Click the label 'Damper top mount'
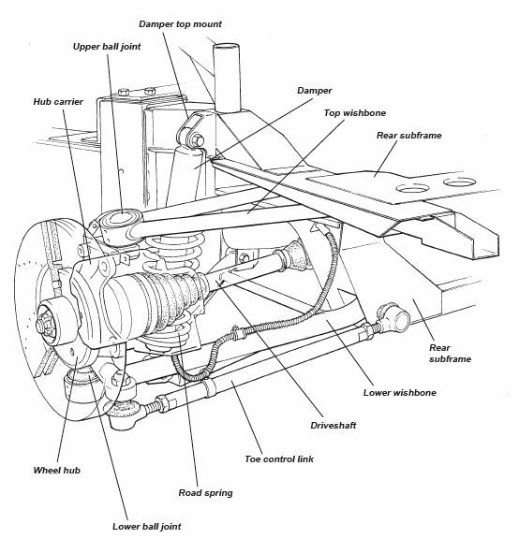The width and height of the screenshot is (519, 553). (180, 24)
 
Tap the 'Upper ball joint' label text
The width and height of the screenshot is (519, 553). (107, 47)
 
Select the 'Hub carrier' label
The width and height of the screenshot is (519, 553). (58, 102)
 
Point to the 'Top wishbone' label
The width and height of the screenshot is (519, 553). (355, 113)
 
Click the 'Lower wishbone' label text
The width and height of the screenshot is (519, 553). (400, 393)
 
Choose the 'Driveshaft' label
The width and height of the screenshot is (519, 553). (334, 426)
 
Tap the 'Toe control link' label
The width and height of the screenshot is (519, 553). (279, 459)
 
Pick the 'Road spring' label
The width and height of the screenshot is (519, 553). (205, 493)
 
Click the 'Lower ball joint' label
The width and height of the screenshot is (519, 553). (147, 527)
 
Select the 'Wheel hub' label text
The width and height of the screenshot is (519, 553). (57, 470)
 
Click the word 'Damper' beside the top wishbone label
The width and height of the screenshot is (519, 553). (315, 91)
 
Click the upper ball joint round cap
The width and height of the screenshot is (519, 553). (120, 219)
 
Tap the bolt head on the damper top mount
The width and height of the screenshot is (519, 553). (197, 140)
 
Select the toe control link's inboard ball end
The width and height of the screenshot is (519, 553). (395, 317)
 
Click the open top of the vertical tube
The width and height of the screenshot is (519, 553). (227, 47)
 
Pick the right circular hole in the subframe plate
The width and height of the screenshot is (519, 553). (460, 182)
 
